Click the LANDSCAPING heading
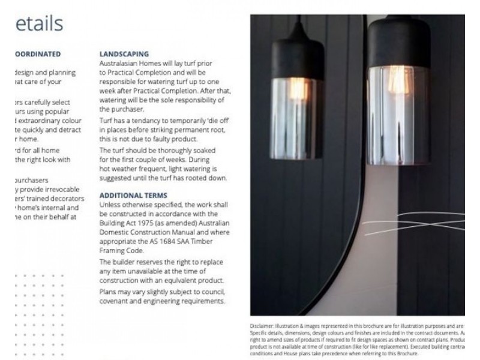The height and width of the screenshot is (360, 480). (124, 54)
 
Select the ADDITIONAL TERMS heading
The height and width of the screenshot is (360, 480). (133, 196)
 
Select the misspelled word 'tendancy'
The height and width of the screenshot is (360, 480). (152, 121)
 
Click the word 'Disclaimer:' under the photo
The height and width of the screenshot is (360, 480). (262, 325)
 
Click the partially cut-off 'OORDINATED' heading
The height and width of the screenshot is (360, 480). (37, 54)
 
